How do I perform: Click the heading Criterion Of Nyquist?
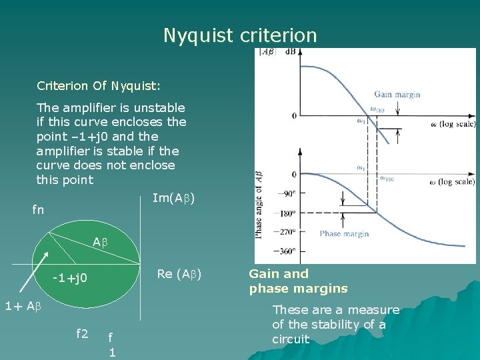[x=98, y=86]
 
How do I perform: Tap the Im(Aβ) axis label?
[x=173, y=198]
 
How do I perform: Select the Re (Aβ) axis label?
[x=179, y=273]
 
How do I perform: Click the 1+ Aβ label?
[x=23, y=307]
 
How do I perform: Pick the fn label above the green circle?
[x=39, y=210]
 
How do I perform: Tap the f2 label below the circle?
[x=82, y=334]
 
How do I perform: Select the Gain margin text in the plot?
[x=397, y=95]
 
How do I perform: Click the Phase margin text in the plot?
[x=344, y=233]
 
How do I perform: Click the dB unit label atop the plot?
[x=291, y=51]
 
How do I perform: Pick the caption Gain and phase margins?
[x=298, y=281]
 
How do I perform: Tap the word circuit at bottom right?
[x=291, y=339]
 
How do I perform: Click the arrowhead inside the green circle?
[x=46, y=255]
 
